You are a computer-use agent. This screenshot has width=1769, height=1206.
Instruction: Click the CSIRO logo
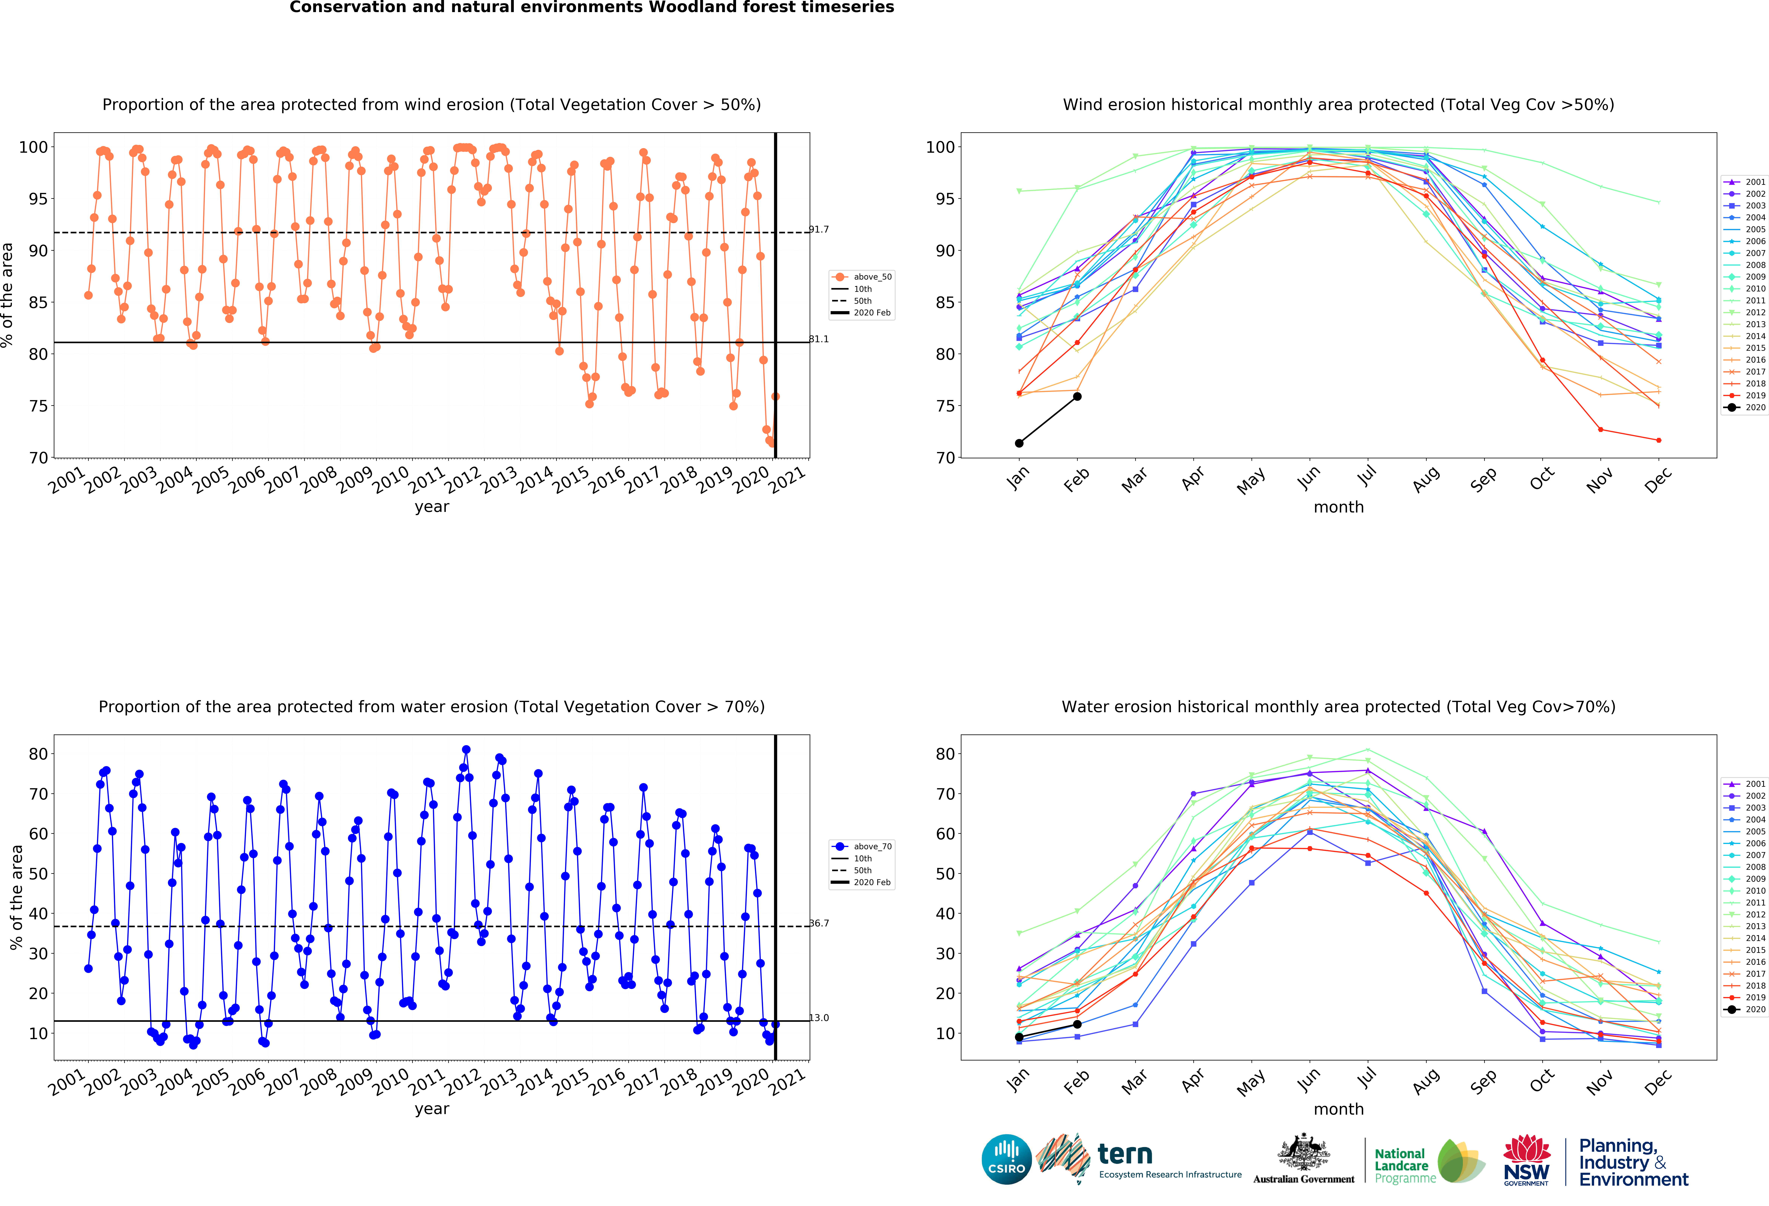coord(1006,1160)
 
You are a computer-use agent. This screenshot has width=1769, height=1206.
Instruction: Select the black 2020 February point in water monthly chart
coord(1077,1024)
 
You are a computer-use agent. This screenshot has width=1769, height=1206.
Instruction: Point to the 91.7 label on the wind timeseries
coord(819,229)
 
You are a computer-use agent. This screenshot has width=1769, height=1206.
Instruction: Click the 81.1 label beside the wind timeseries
coord(819,339)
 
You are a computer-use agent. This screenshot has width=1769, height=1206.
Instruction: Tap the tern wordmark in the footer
coord(1125,1154)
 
